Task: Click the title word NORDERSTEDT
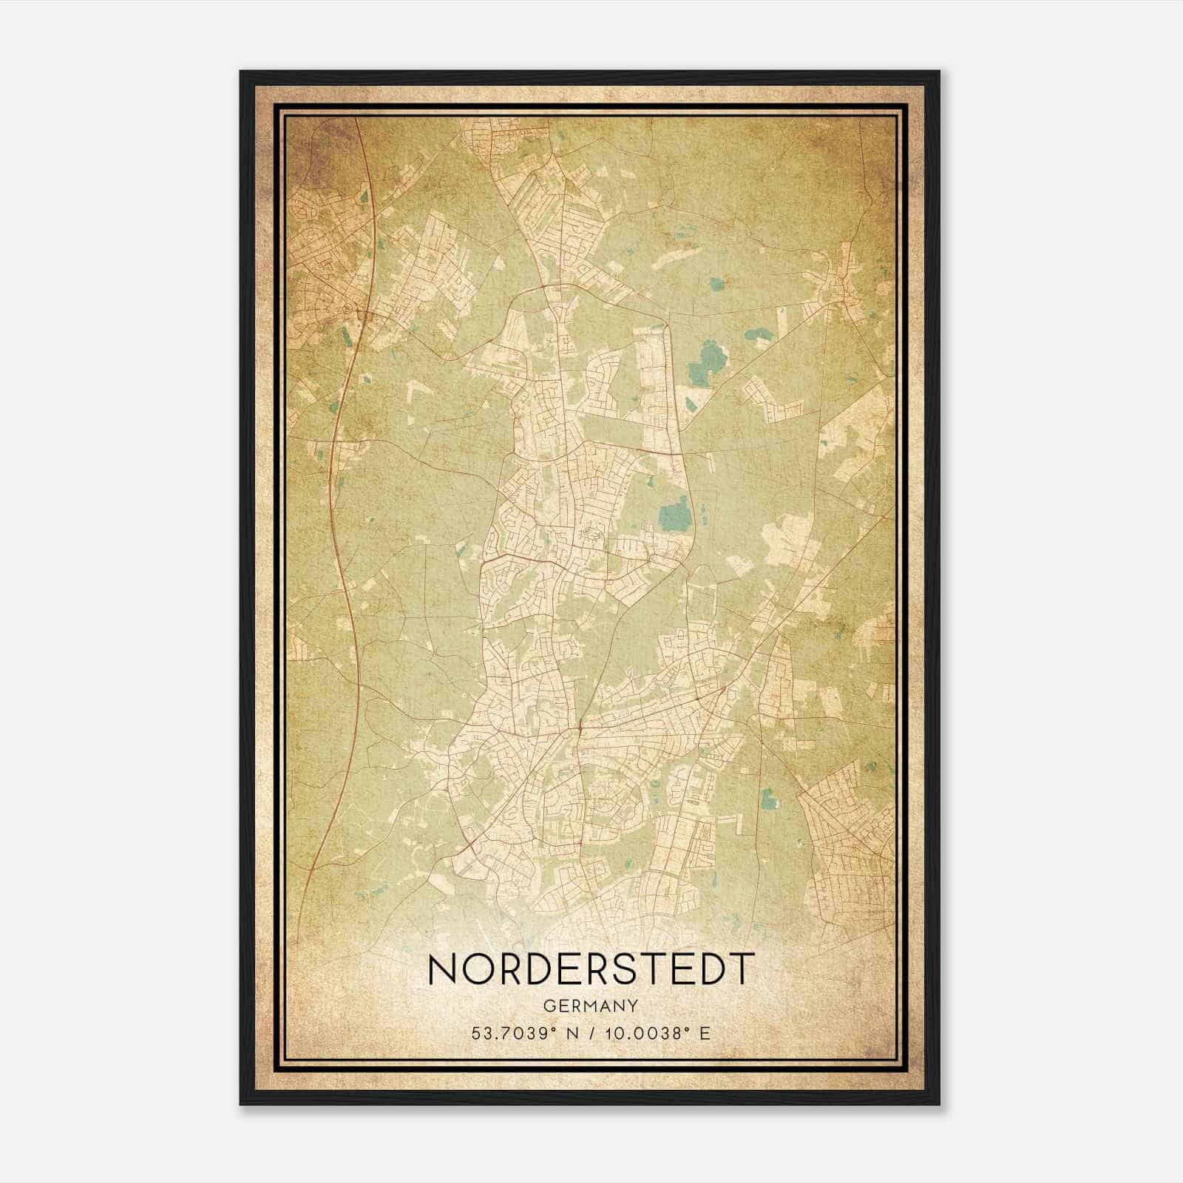coord(591,969)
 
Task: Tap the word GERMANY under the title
coord(591,1006)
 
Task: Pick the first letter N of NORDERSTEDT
coord(443,969)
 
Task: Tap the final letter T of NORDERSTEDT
coord(742,969)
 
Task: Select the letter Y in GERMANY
coord(633,1006)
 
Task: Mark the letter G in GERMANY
coord(549,1006)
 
